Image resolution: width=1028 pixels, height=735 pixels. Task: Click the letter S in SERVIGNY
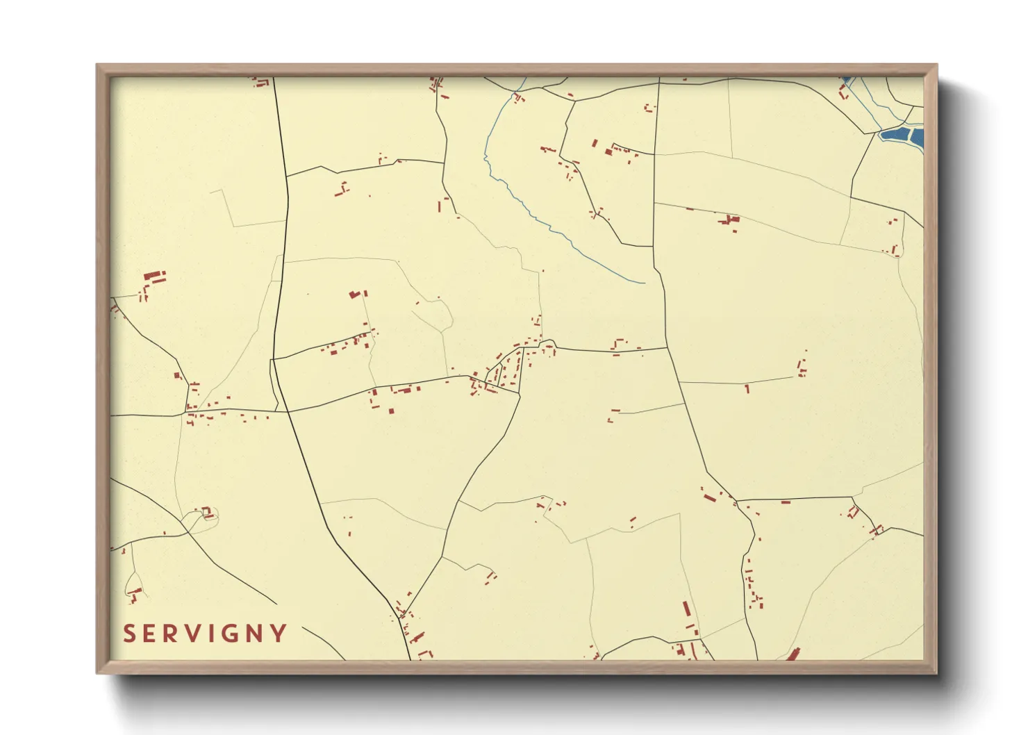(129, 634)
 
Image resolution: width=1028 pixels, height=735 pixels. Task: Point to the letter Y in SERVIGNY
(279, 634)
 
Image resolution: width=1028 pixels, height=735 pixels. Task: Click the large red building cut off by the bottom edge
(793, 654)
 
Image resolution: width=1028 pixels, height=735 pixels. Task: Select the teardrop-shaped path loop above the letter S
(133, 587)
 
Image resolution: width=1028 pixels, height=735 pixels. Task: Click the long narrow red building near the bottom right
(687, 609)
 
